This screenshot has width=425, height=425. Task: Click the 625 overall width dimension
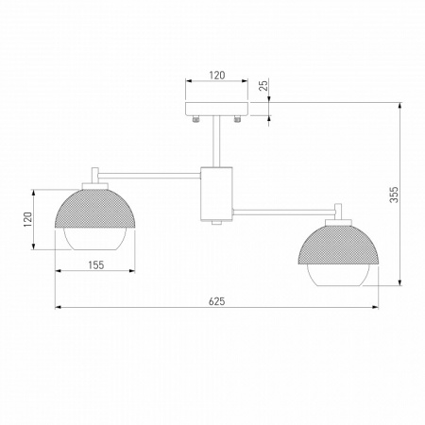(215, 300)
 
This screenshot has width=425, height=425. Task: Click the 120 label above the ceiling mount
(216, 74)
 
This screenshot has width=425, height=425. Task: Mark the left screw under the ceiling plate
(195, 121)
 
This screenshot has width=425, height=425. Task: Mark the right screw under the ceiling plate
(238, 121)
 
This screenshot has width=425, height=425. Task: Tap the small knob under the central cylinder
(216, 223)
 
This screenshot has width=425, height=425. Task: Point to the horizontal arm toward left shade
(151, 173)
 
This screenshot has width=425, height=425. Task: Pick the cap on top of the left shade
(95, 176)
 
